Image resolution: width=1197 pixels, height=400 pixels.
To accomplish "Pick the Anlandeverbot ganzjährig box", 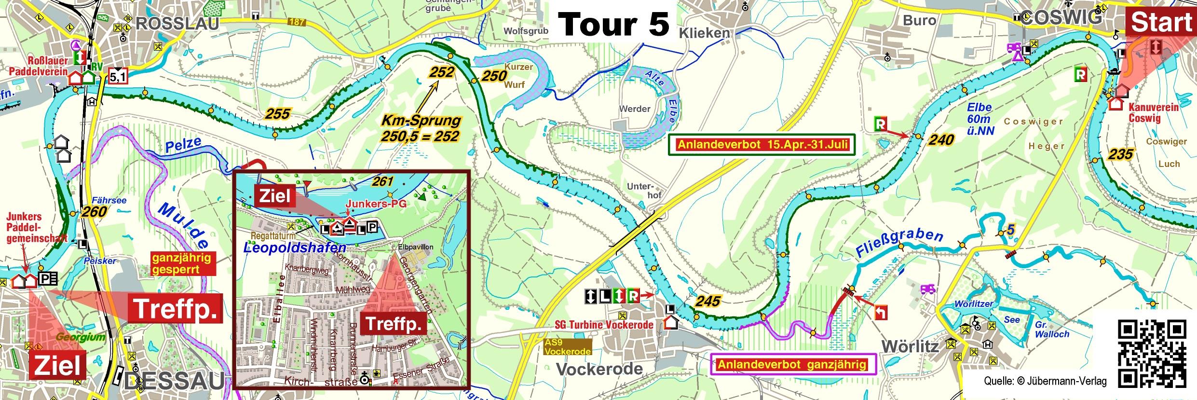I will click(791, 364).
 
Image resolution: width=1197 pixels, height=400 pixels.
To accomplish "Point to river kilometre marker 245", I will click(707, 302).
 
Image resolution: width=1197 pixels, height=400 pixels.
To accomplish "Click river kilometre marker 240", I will click(940, 140).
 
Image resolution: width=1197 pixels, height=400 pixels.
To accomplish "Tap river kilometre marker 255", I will click(277, 114).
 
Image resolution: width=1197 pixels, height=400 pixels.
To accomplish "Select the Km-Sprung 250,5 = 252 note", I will click(420, 128).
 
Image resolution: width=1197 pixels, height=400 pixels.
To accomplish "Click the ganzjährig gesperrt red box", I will click(182, 263).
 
